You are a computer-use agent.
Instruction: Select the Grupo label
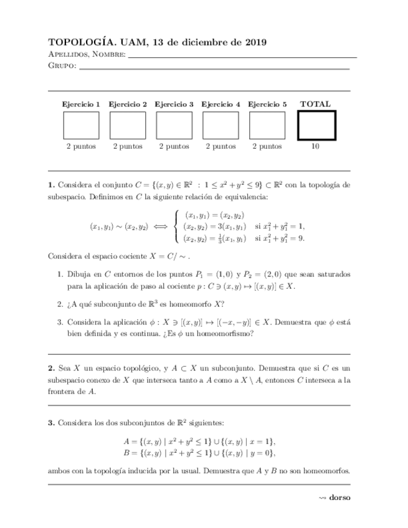[x=61, y=66]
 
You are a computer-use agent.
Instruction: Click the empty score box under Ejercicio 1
[x=81, y=125]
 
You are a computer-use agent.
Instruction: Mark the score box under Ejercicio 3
[x=174, y=125]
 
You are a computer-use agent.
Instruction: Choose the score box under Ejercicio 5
[x=267, y=125]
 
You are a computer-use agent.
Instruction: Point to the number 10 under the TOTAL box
[x=316, y=146]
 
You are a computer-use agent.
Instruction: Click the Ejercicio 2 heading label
[x=128, y=104]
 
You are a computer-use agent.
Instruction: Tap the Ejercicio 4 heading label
[x=221, y=104]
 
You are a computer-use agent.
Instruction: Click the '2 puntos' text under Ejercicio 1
[x=81, y=146]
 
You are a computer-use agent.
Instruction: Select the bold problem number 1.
[x=51, y=185]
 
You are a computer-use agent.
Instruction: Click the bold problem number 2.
[x=51, y=369]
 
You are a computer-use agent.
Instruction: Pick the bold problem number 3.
[x=51, y=423]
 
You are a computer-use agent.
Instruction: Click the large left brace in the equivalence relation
[x=178, y=226]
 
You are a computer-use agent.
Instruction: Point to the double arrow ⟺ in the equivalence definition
[x=161, y=227]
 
